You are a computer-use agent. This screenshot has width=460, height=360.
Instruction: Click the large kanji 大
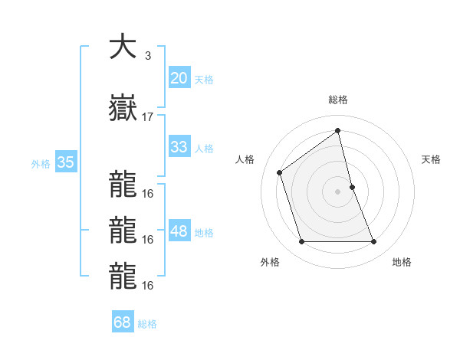click(123, 47)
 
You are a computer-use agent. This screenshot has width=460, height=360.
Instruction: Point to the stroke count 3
click(147, 56)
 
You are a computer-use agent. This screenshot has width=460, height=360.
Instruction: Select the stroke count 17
click(148, 117)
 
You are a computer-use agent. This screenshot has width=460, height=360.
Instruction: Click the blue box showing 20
click(179, 78)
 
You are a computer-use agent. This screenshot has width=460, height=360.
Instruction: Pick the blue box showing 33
click(179, 147)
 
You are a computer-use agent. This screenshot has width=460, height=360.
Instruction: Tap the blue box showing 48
click(179, 231)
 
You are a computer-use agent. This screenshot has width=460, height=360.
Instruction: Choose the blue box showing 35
click(66, 162)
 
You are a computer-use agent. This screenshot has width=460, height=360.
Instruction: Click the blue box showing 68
click(123, 322)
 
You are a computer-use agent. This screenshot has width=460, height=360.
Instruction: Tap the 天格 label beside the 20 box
click(204, 79)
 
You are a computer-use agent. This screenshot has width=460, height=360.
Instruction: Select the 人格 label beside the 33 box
click(204, 148)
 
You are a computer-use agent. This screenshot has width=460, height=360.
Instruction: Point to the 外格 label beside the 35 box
click(41, 163)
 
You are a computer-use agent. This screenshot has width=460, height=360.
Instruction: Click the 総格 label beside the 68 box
click(147, 323)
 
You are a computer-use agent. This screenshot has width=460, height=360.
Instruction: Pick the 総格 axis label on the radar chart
click(338, 100)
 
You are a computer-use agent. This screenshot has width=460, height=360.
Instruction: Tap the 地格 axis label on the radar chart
click(402, 262)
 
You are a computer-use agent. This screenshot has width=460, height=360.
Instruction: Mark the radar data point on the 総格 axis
click(338, 130)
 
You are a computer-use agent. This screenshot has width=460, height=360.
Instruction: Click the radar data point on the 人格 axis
click(280, 172)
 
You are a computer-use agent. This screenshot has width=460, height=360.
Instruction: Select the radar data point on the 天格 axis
click(352, 187)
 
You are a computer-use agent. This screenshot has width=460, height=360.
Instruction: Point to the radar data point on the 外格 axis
click(301, 242)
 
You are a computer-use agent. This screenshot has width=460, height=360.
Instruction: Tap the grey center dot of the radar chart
click(338, 191)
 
